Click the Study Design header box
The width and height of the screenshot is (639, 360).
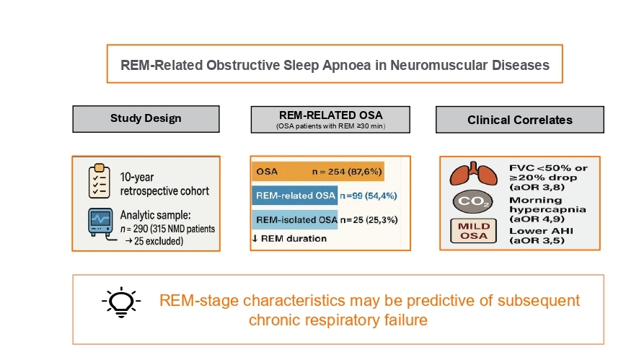pos(145,119)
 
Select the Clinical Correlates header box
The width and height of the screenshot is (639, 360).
pos(509,120)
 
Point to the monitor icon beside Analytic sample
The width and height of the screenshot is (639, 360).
pos(100,225)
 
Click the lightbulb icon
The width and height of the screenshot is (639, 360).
pos(120,302)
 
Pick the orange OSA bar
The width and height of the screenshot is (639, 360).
pos(317,172)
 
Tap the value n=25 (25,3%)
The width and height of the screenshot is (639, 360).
pos(367,219)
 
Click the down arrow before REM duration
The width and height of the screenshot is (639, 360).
pos(255,239)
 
